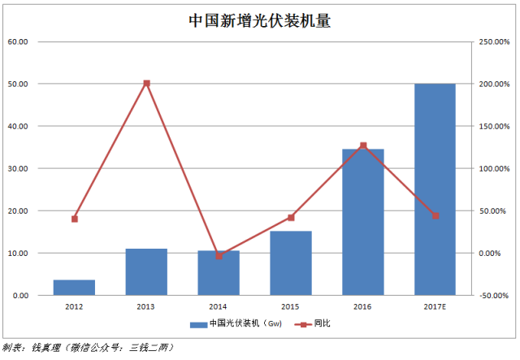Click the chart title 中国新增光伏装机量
260,20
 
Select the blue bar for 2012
75,288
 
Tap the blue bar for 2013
146,272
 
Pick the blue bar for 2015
291,263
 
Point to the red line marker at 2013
146,83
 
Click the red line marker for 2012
75,219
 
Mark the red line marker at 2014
219,256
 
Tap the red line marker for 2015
291,218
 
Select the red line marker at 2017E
435,215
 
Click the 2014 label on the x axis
219,306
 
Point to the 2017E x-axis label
435,306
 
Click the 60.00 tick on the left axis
18,41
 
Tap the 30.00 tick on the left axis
18,168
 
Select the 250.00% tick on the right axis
493,41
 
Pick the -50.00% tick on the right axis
493,295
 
